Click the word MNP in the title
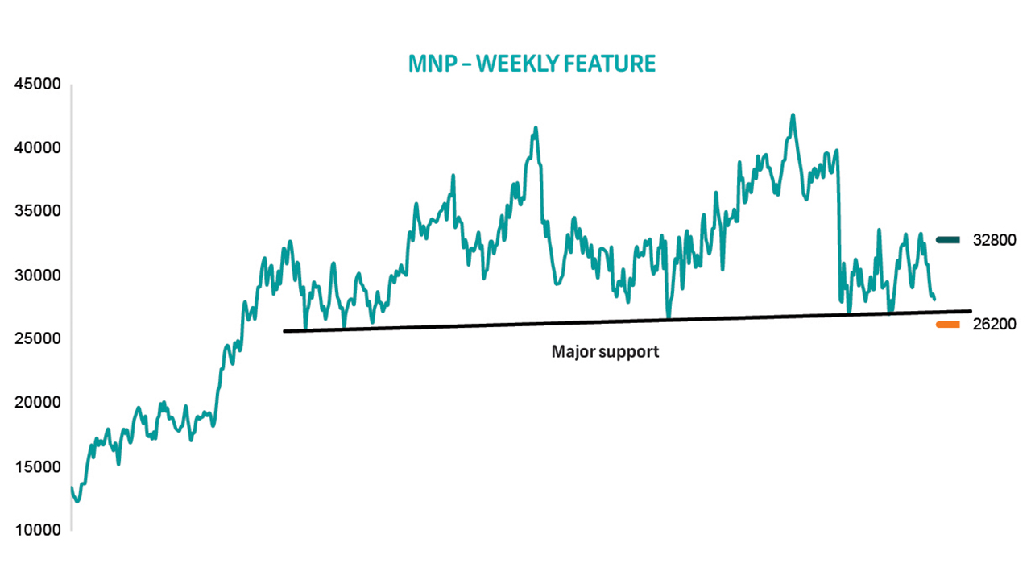point(433,64)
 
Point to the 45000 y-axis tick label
point(37,84)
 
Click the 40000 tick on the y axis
point(37,147)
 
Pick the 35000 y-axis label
point(37,211)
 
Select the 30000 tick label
point(37,275)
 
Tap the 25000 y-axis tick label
point(37,338)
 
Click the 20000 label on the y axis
point(37,402)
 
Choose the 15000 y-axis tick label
point(37,466)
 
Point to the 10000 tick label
point(37,530)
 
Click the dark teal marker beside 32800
point(948,240)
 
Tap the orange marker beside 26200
point(948,325)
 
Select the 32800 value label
point(994,240)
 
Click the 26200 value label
point(994,324)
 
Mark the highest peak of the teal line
point(793,114)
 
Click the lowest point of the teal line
point(77,501)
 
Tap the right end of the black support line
point(971,311)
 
